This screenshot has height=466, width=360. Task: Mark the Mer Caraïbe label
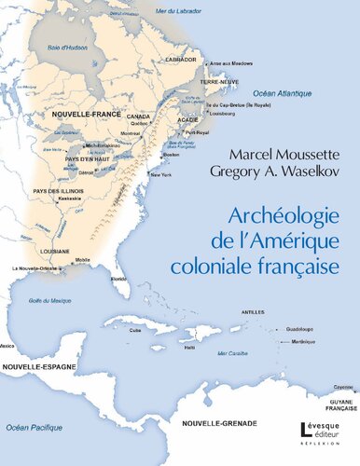pos(226,353)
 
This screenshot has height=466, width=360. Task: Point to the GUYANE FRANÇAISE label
pos(337,404)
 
